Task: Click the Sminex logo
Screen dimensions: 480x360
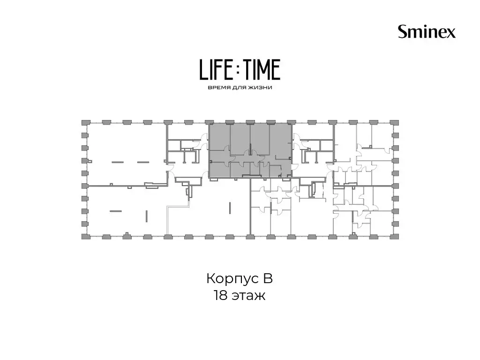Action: coord(427,31)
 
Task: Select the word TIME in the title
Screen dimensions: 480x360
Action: coord(261,69)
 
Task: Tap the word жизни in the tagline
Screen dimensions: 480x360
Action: coord(261,88)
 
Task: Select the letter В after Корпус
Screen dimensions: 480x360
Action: coord(267,278)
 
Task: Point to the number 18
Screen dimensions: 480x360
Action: coord(220,296)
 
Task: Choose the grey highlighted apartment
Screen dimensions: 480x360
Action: coord(250,150)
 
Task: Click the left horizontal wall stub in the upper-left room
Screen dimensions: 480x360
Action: coord(118,162)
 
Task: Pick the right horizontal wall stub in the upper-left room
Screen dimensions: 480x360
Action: coord(143,162)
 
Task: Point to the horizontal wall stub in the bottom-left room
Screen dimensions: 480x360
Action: coord(116,211)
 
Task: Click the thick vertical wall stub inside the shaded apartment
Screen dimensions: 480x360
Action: coord(250,150)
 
